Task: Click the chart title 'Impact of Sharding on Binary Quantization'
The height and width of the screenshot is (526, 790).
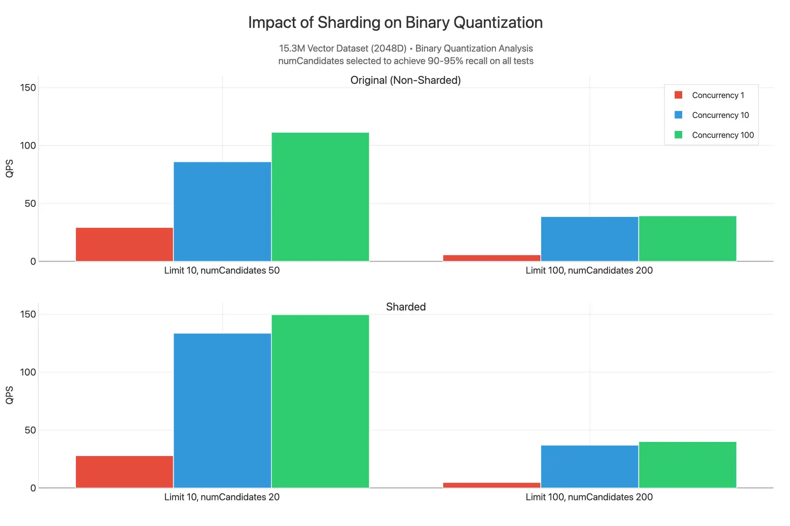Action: tap(395, 23)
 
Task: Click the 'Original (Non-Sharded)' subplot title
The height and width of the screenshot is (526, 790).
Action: tap(406, 80)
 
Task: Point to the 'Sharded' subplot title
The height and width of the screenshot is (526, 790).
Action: tap(406, 307)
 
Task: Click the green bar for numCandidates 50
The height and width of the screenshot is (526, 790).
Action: tap(320, 197)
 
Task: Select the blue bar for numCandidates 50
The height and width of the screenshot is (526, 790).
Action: tap(222, 211)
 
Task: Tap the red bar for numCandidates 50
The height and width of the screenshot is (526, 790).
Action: tap(124, 244)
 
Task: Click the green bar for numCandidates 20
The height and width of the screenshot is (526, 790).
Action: tap(320, 401)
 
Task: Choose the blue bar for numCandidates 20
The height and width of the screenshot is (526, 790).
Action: tap(222, 410)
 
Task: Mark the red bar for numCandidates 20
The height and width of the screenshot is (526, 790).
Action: tap(124, 472)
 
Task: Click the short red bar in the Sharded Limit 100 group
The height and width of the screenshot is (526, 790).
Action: tap(492, 485)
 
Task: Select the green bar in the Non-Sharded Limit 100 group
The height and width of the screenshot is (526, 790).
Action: tap(687, 239)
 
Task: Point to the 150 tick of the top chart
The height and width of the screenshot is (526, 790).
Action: tap(28, 88)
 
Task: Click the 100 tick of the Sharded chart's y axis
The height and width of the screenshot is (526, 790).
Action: tap(28, 372)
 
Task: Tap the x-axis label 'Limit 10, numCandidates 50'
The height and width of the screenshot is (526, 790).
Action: tap(222, 271)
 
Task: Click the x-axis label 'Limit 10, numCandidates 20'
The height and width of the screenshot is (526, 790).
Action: tap(222, 497)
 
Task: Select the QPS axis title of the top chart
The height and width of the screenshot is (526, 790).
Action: tap(9, 168)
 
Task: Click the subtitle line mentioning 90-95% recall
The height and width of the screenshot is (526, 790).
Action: tap(406, 61)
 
